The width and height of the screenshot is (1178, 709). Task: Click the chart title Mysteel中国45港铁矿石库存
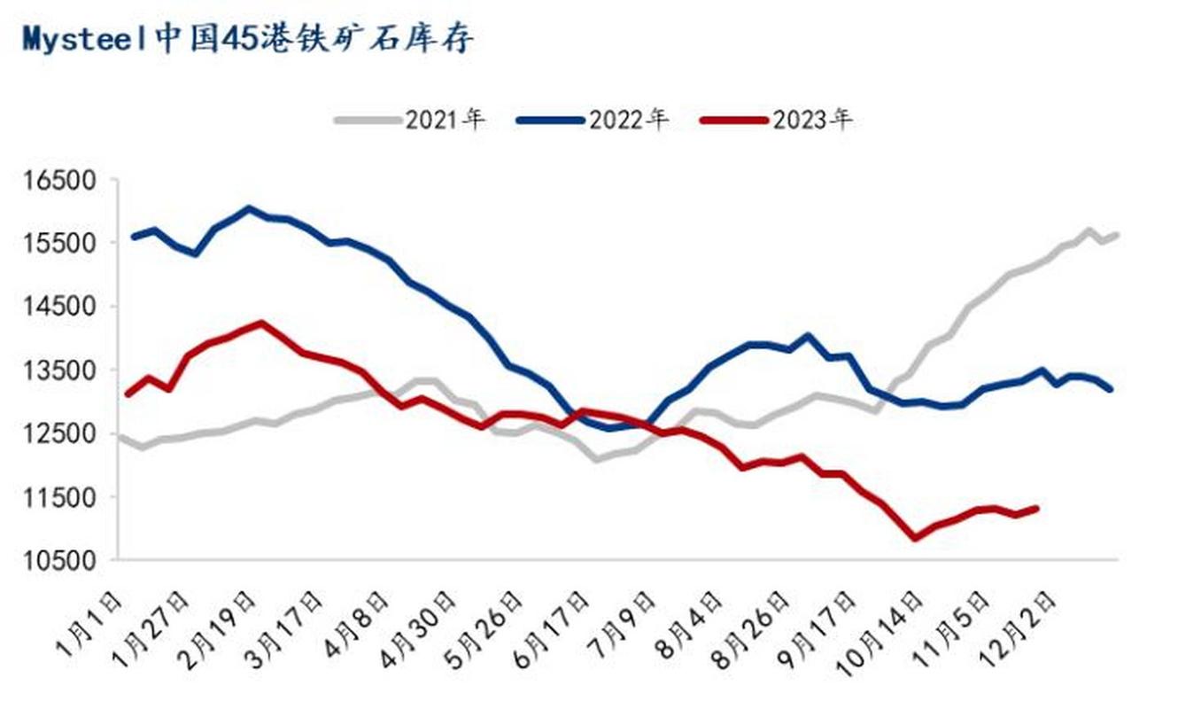[x=248, y=39]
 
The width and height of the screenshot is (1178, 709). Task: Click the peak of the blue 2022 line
[x=249, y=209]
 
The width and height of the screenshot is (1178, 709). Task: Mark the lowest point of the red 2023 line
[x=915, y=537]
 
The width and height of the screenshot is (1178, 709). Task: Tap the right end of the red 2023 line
[x=1035, y=508]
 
